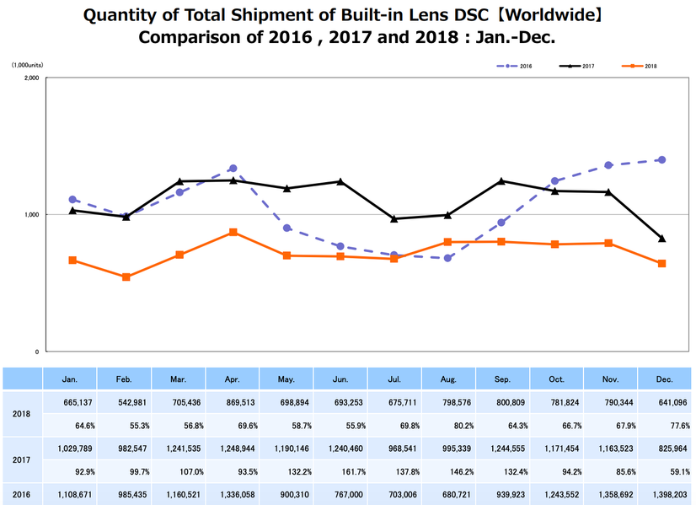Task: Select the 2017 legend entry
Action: click(x=577, y=65)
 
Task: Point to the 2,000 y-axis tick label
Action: click(x=32, y=78)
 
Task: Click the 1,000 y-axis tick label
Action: click(x=32, y=215)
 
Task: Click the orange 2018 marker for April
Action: click(x=233, y=232)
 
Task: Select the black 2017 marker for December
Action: click(x=661, y=239)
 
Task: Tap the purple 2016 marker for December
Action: click(x=661, y=159)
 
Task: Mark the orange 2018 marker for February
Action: click(x=126, y=277)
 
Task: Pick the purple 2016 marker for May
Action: click(x=287, y=228)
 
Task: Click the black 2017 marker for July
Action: click(x=394, y=218)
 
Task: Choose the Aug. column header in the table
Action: click(x=448, y=380)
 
